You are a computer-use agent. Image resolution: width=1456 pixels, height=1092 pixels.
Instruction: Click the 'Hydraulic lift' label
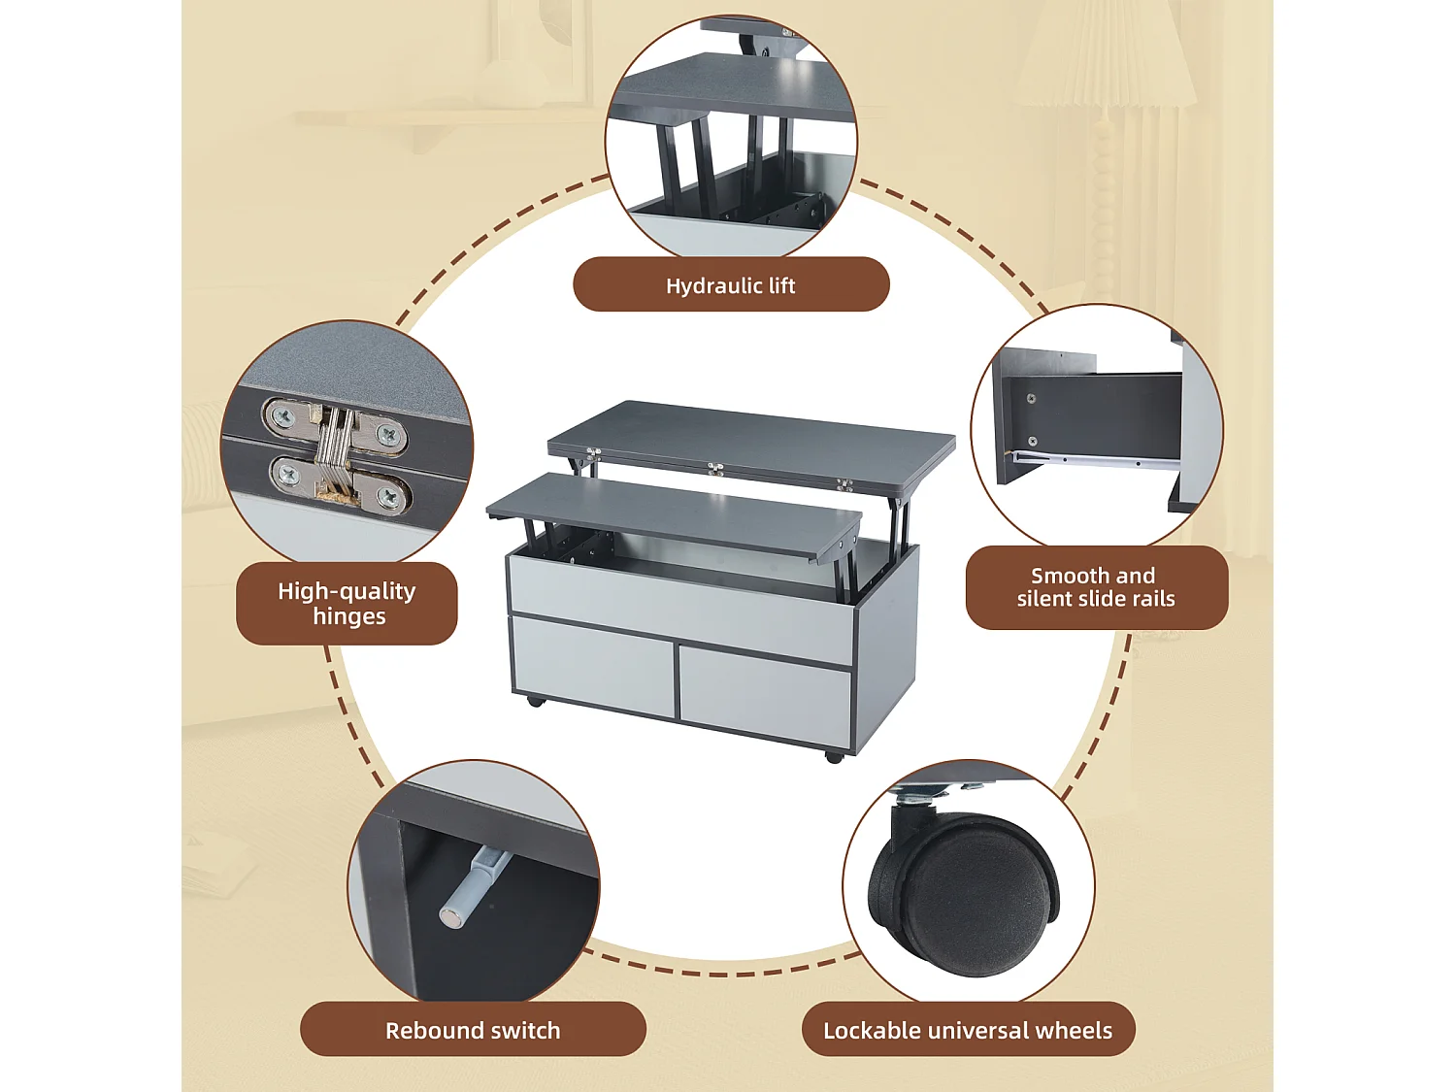[731, 284]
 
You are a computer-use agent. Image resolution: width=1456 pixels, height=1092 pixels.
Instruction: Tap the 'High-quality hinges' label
[347, 603]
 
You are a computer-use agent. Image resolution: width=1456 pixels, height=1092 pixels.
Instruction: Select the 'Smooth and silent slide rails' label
[1096, 587]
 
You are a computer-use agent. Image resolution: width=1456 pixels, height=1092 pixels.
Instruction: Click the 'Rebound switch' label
[473, 1030]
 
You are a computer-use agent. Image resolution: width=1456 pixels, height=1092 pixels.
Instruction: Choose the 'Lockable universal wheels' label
[968, 1030]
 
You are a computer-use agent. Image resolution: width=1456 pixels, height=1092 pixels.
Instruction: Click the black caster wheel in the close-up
[971, 893]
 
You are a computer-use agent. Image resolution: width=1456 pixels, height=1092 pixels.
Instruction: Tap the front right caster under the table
[833, 756]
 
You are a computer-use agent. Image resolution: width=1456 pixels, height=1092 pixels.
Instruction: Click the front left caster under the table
[534, 700]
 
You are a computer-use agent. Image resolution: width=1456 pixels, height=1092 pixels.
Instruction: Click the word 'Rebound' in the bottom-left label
[425, 1030]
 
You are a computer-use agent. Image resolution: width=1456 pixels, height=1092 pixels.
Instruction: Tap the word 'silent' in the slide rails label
[1044, 599]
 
